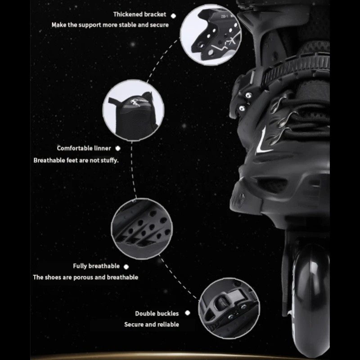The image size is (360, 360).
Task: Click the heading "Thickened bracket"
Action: point(139,14)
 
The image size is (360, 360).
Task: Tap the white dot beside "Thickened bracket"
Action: point(174,16)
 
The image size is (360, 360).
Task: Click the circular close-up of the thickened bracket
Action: point(211,35)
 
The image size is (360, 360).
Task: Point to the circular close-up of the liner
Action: point(133,110)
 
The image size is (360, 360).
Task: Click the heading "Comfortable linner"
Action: point(84,148)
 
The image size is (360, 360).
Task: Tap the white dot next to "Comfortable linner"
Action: point(118,148)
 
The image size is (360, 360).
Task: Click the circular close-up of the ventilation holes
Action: point(142,229)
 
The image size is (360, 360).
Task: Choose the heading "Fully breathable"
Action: point(96,266)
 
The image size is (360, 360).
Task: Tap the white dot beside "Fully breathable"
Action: point(126,266)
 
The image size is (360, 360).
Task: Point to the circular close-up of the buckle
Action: point(229,308)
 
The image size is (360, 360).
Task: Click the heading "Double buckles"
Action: point(157,314)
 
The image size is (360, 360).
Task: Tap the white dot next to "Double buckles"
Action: point(188,313)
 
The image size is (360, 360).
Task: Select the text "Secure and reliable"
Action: point(152,324)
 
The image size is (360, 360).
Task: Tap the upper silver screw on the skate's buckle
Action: point(248,95)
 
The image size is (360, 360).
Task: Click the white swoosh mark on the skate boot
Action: point(263,142)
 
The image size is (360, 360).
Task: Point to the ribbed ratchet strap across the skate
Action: point(296,67)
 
